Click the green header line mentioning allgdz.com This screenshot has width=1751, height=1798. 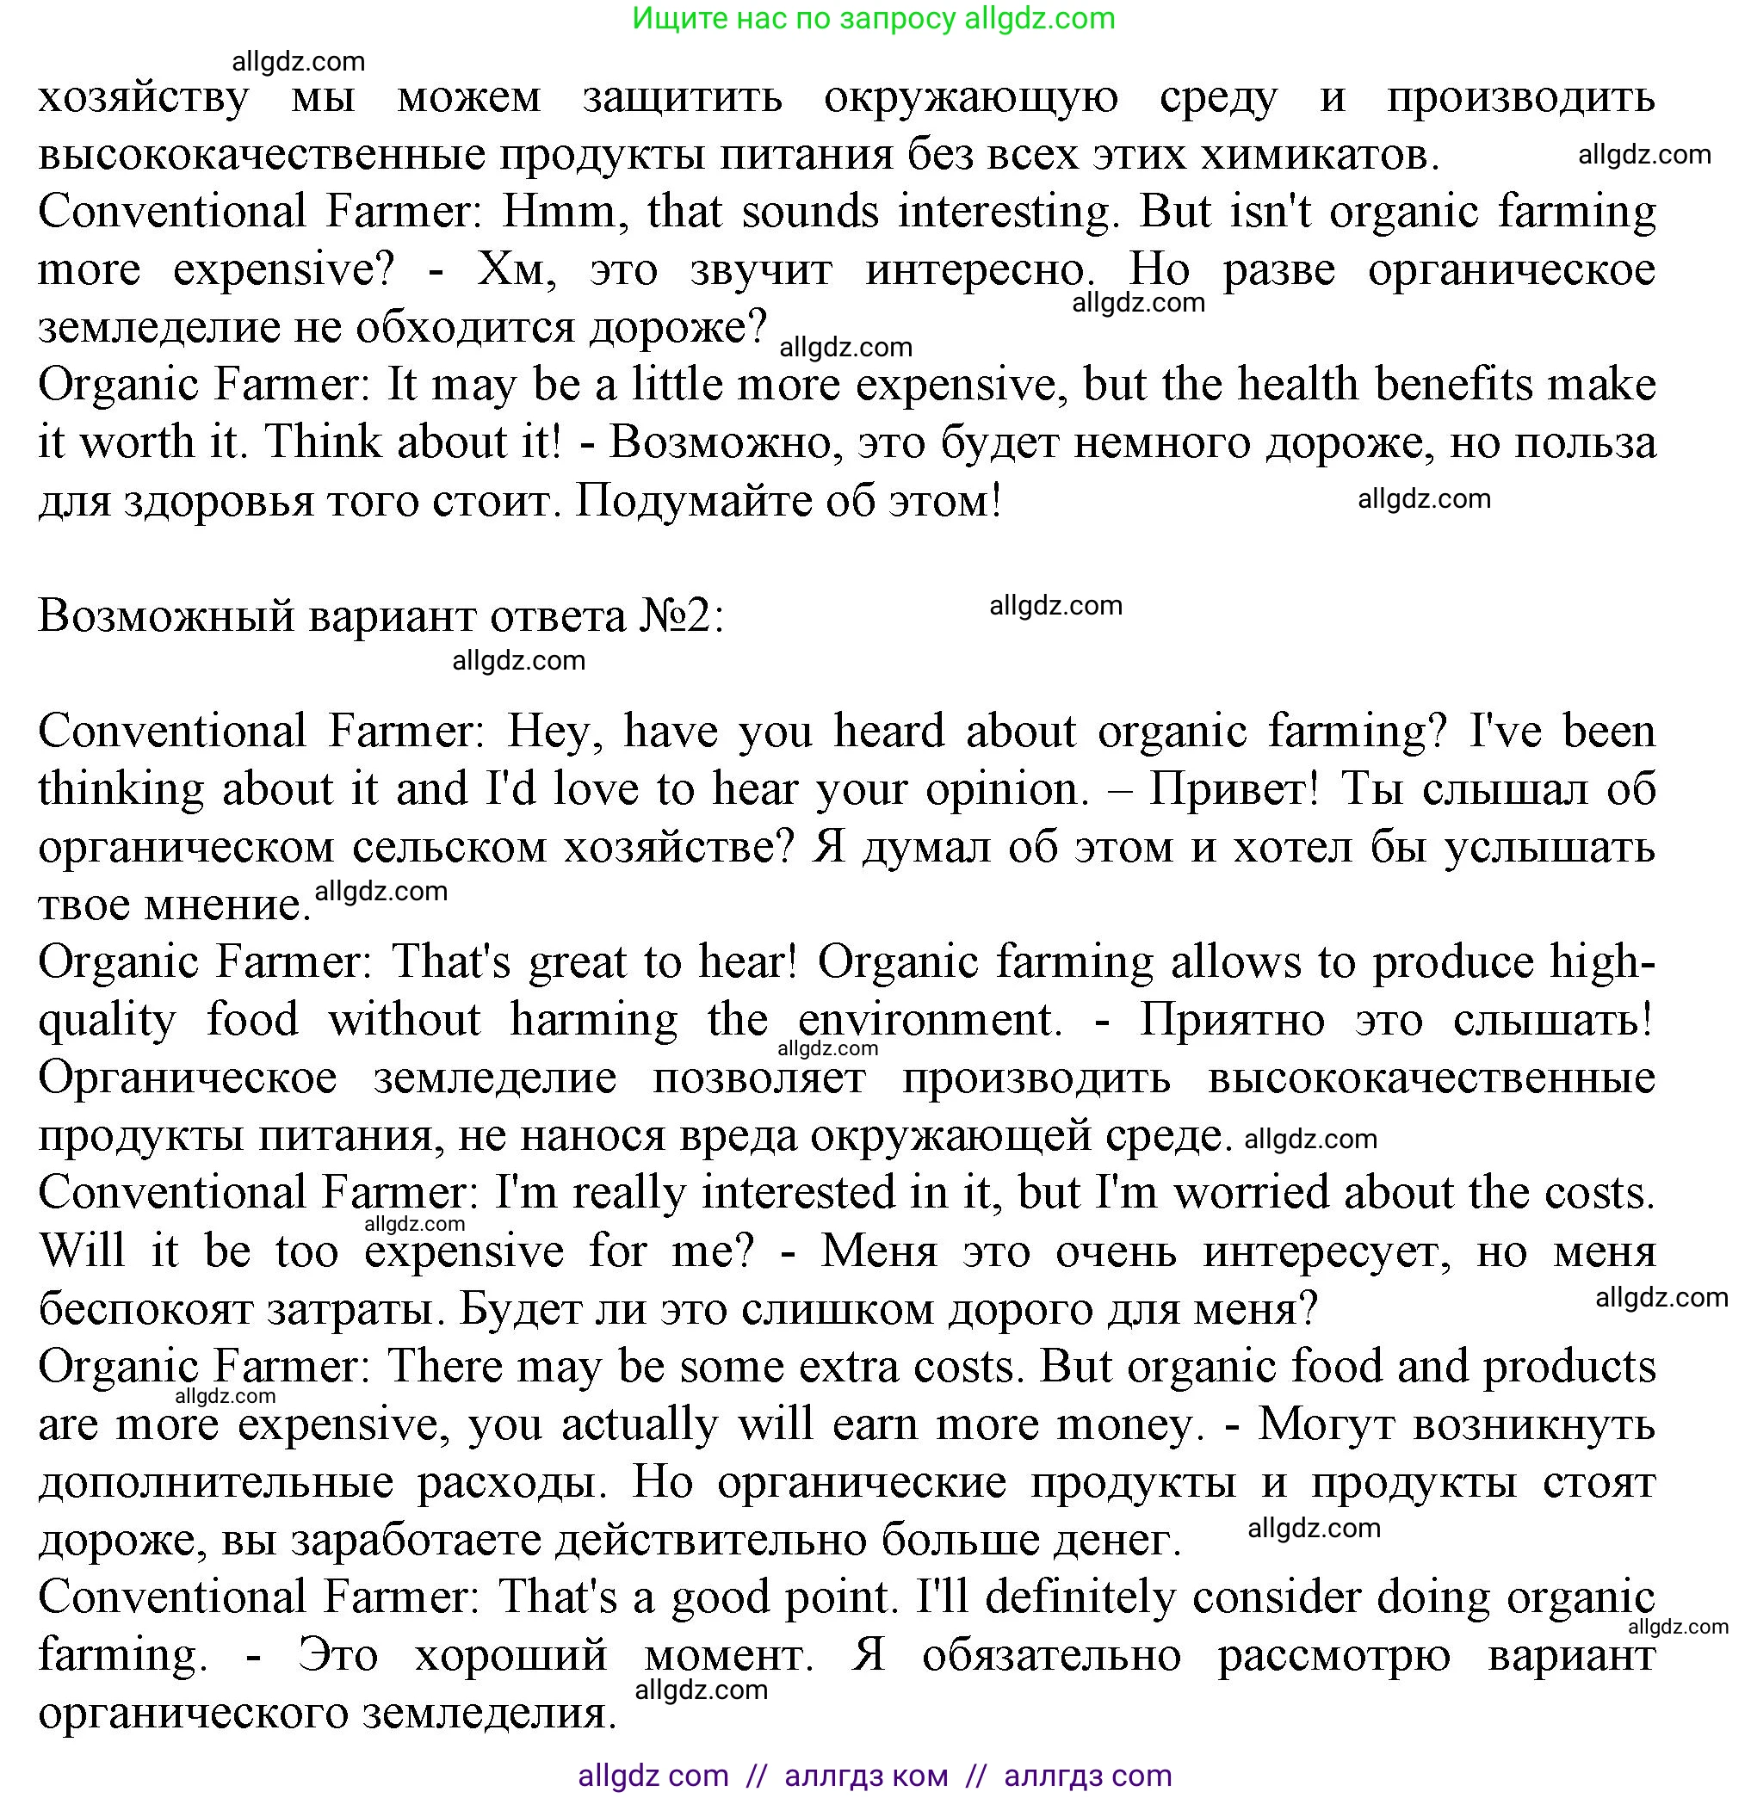(x=874, y=18)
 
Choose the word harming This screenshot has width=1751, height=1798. (x=594, y=1020)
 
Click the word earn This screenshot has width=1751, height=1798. (x=875, y=1424)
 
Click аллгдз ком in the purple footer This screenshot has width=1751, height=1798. (x=865, y=1776)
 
